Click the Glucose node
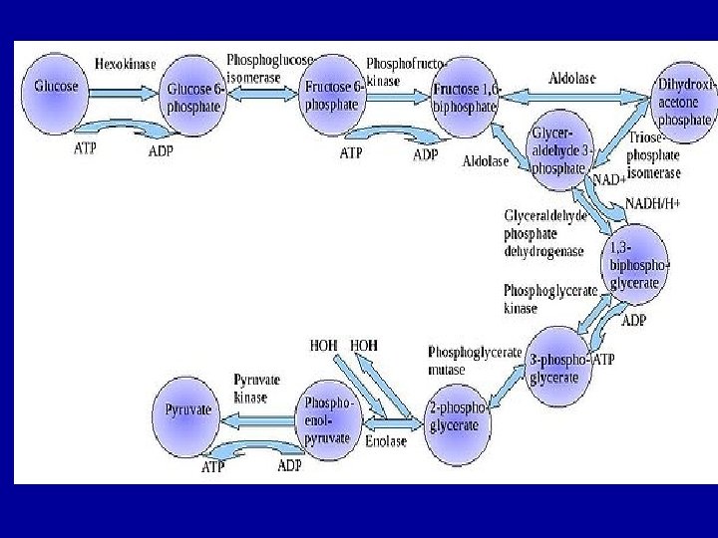[x=57, y=87]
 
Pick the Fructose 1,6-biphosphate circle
[x=464, y=97]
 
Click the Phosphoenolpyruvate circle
[x=328, y=419]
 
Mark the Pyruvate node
[x=189, y=409]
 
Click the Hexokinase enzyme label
[x=125, y=64]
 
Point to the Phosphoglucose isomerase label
[x=268, y=67]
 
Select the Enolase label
[x=385, y=440]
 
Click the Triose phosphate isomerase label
[x=654, y=155]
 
